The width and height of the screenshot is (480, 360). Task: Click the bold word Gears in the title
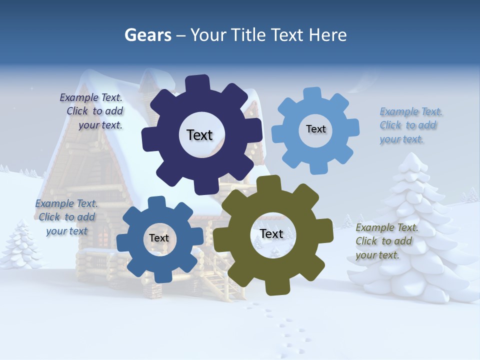pos(147,35)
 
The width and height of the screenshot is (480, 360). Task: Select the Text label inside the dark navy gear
pos(199,135)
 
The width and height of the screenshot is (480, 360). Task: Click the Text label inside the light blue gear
pos(315,129)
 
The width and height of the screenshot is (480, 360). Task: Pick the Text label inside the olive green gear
pos(271,234)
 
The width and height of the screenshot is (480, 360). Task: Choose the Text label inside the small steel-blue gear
pos(159,238)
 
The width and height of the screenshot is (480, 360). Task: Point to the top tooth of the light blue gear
pos(312,94)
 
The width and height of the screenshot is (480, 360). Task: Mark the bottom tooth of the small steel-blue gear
pos(160,276)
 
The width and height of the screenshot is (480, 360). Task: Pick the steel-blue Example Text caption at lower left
pos(66,217)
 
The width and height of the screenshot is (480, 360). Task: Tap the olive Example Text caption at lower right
pos(386,241)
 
